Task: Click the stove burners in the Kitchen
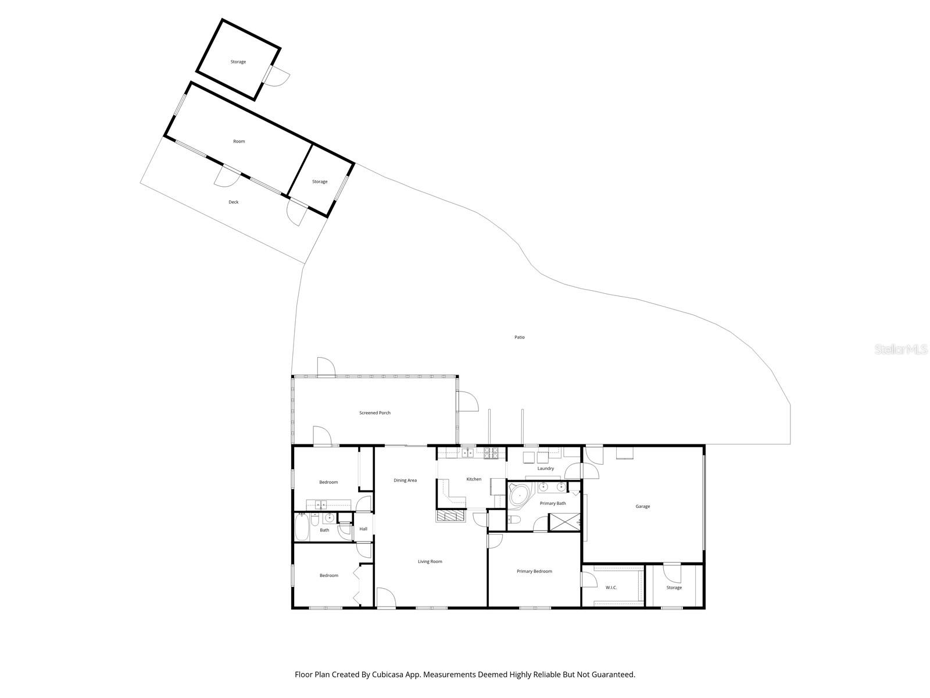click(x=491, y=451)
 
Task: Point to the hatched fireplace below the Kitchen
click(x=450, y=515)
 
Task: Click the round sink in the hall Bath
click(x=328, y=518)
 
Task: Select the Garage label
click(x=642, y=507)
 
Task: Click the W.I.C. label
click(x=611, y=587)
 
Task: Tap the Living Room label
click(x=430, y=561)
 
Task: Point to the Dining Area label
click(x=405, y=480)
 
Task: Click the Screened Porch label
click(x=375, y=413)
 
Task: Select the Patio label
click(x=519, y=337)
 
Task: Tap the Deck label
click(x=233, y=202)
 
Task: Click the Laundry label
click(x=545, y=468)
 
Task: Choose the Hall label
click(x=363, y=529)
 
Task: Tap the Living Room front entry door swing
click(x=385, y=598)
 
